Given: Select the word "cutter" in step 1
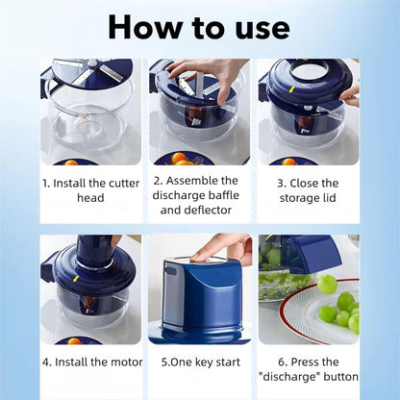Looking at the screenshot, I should pos(119,183).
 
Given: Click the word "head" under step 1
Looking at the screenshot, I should pos(89,198).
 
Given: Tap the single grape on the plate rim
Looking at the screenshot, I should pos(328,284).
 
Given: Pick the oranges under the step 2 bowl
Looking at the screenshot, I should pos(183,161).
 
